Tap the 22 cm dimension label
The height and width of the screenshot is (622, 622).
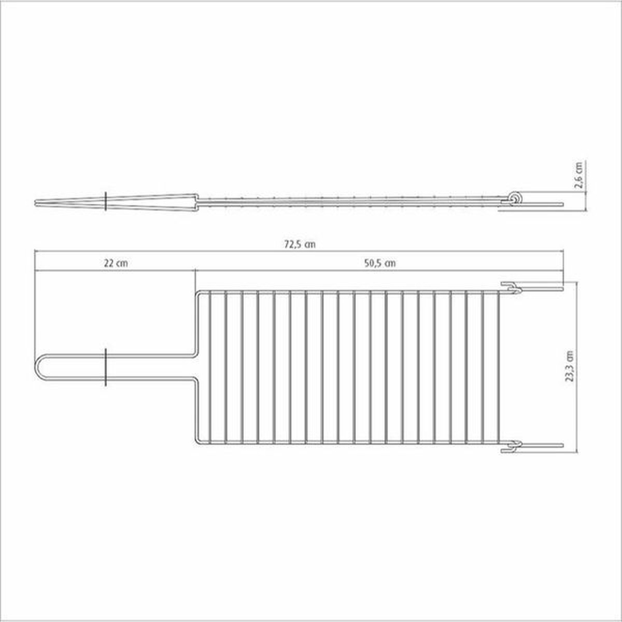coord(116,263)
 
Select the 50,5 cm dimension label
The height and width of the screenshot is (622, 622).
coord(380,263)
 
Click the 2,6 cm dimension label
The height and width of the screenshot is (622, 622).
coord(581,176)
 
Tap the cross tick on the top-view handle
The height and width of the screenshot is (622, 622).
coord(106,367)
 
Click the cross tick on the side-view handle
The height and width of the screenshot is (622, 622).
coord(106,201)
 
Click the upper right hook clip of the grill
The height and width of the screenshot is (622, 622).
coord(511,288)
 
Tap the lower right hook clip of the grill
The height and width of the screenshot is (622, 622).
coord(511,445)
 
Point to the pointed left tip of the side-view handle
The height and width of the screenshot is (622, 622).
coord(36,202)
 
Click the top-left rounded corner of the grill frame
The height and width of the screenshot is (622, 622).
coord(199,294)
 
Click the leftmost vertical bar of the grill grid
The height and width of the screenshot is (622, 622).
coord(210,367)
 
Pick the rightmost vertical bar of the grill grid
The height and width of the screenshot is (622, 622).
coord(499,367)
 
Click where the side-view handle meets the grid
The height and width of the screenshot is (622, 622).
coord(197,201)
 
